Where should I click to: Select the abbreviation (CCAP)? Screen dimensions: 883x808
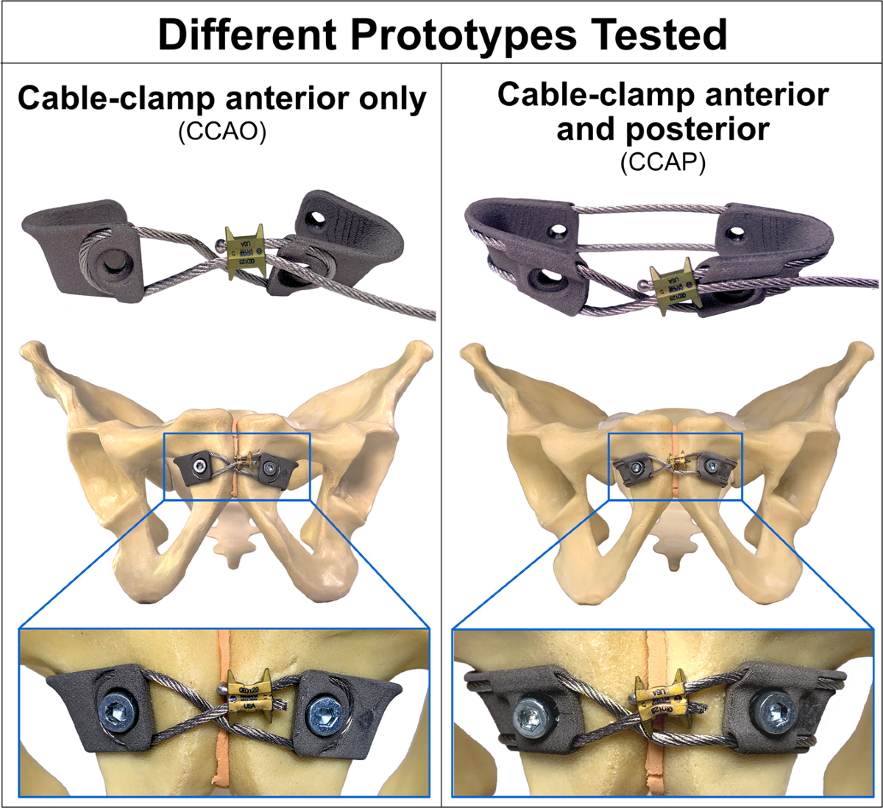click(662, 163)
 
